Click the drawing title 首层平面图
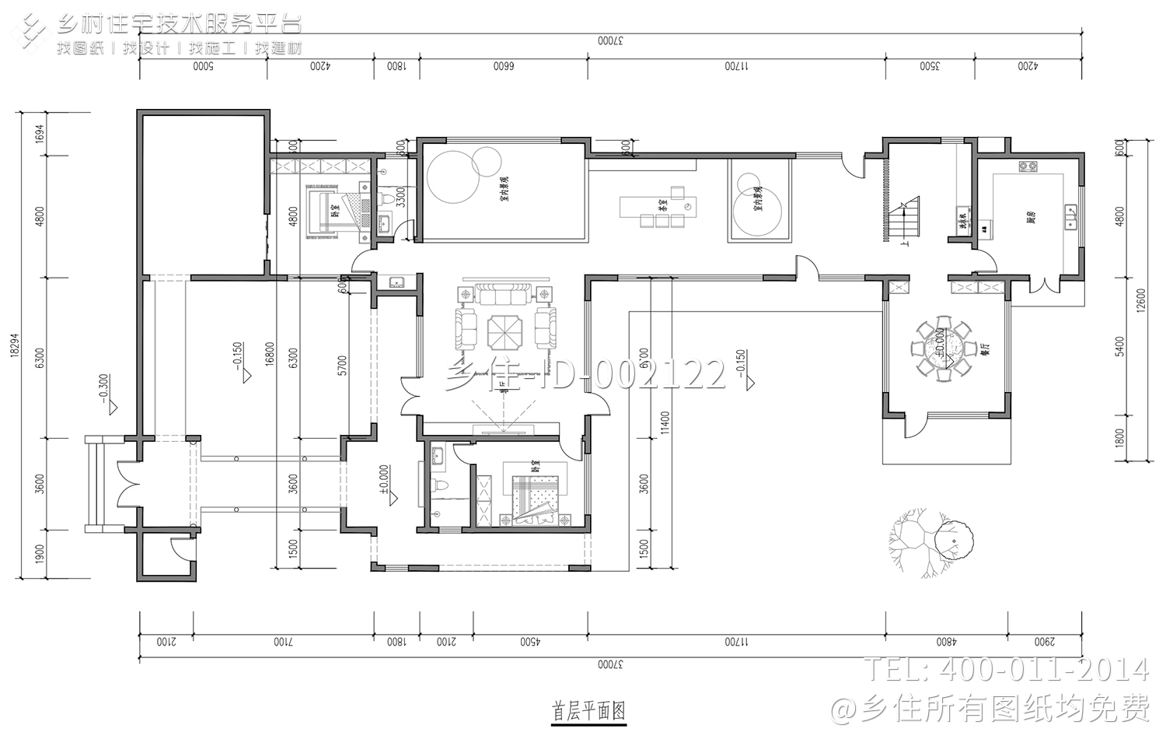coord(588,711)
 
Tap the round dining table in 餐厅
coord(943,349)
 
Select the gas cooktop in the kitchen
coord(1028,166)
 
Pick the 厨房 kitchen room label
coord(1031,217)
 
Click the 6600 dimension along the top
coord(504,67)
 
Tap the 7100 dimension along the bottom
coord(283,642)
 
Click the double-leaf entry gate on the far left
coord(127,484)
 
